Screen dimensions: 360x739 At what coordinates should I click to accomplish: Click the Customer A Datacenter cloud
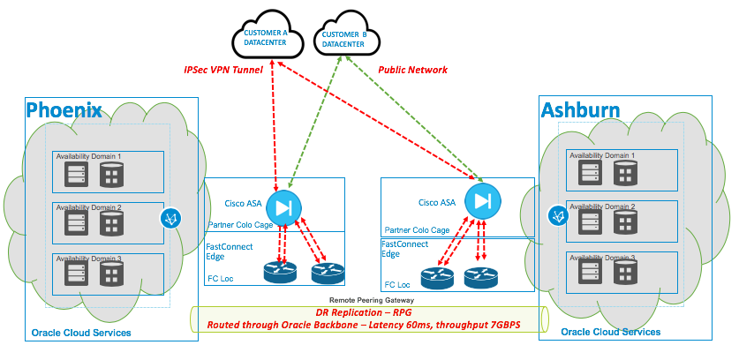268,37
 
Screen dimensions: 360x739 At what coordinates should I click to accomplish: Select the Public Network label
412,70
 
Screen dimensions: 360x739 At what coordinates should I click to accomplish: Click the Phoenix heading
64,109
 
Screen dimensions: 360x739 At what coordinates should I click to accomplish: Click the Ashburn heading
579,109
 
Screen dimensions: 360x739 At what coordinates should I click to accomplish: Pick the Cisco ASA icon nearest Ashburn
482,201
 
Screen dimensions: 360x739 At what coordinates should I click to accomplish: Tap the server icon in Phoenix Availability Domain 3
74,276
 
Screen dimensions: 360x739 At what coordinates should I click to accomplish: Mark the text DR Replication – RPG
365,312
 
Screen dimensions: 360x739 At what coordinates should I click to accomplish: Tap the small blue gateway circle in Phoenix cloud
170,219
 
